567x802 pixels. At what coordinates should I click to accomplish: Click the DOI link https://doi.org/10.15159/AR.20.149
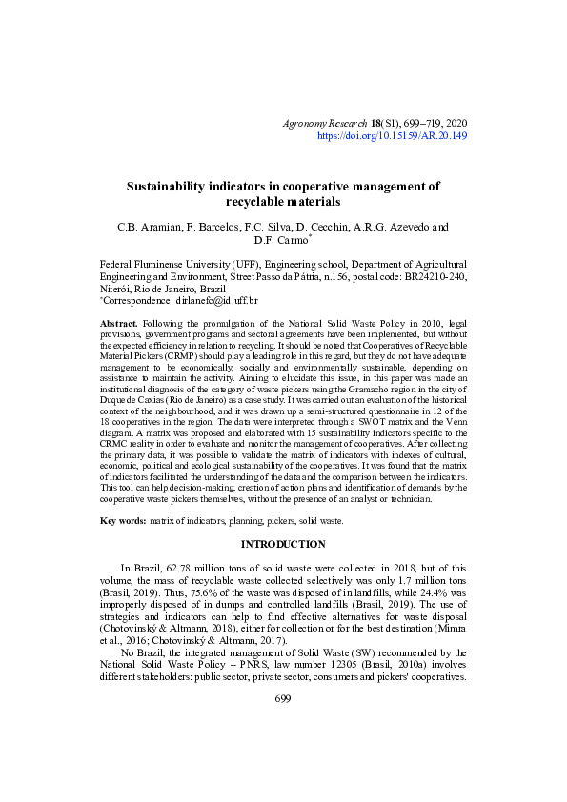point(392,136)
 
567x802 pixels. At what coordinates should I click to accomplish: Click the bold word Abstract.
point(119,325)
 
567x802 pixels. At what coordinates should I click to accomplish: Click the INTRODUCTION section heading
point(283,544)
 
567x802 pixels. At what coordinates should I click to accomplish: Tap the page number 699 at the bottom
point(283,698)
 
